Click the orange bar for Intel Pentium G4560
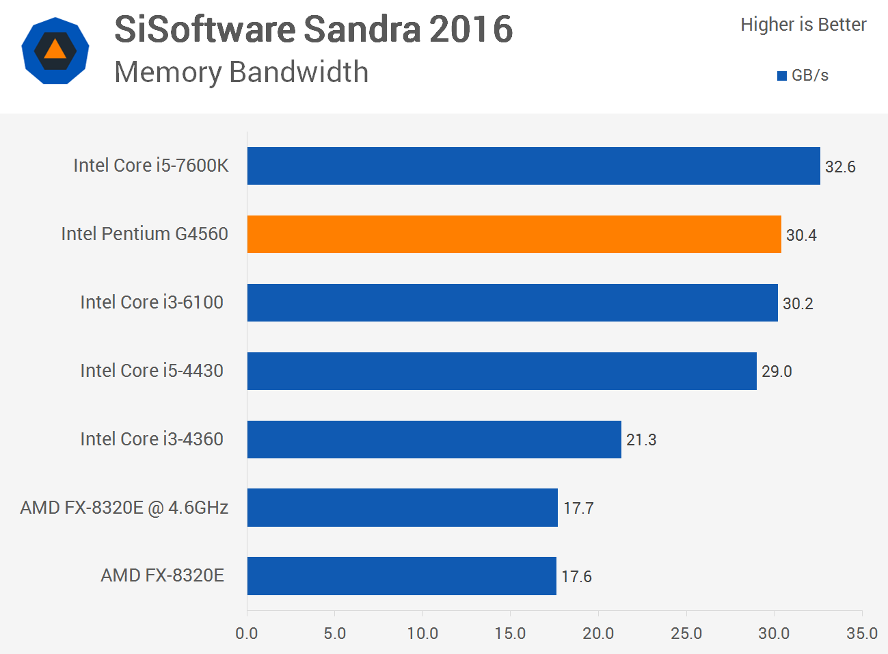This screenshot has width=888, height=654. coord(514,234)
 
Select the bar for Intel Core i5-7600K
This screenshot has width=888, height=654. coord(533,166)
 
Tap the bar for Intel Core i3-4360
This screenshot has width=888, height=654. coord(434,439)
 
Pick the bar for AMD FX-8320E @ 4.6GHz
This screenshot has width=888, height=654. coord(402,508)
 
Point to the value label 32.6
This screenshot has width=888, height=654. coord(840,167)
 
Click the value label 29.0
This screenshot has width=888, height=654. coord(777,371)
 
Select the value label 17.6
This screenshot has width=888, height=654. coord(576,577)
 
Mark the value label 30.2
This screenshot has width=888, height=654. coord(798,304)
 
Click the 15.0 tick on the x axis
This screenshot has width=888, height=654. coord(510,633)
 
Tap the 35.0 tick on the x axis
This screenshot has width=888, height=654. coord(861,633)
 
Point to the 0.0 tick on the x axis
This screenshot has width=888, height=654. coord(247,633)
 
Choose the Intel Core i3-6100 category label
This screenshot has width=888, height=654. coord(152,302)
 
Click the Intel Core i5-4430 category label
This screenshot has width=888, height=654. coord(152,371)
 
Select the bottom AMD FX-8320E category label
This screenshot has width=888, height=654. coord(162,575)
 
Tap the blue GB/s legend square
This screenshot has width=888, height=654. coord(782,76)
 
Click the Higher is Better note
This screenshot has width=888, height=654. coord(803,25)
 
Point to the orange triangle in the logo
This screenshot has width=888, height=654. coord(55,50)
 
